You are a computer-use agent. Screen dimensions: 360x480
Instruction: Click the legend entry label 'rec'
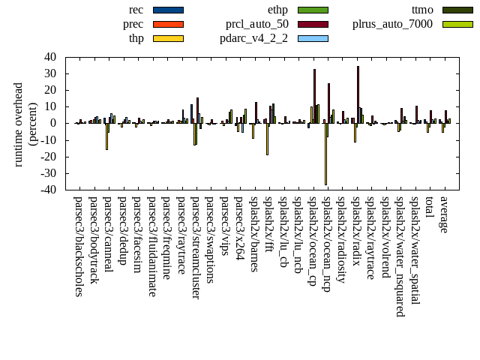coord(136,10)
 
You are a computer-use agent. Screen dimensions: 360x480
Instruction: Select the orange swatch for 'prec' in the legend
coord(168,24)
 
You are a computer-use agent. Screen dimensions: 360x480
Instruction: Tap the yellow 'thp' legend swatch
coord(168,38)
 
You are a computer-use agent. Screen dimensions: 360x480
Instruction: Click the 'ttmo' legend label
coord(421,10)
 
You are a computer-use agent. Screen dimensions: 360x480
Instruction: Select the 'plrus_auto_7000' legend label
coord(392,24)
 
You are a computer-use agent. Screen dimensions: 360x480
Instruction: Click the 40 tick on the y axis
coord(50,56)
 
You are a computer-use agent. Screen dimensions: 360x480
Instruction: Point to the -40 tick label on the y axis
coord(48,190)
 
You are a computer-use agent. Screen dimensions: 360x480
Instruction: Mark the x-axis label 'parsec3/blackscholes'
coord(79,247)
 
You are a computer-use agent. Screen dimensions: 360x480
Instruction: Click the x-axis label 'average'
coord(444,214)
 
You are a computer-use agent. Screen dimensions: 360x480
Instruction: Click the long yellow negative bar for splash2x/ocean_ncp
coord(325,154)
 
